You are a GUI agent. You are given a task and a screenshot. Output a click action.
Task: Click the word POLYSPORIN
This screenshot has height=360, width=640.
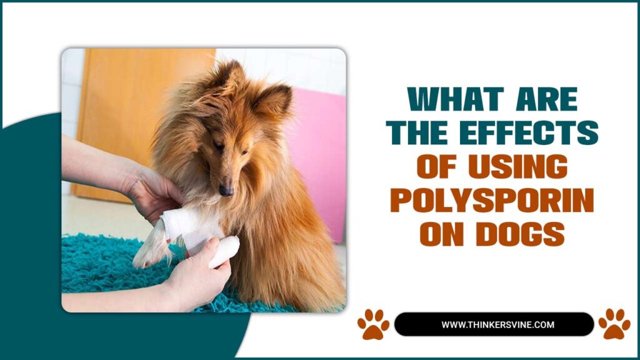click(492, 202)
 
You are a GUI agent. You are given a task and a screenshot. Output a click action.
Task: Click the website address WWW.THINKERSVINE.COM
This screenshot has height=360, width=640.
click(494, 324)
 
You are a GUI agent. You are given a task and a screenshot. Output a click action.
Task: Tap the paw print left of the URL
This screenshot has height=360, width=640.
click(373, 324)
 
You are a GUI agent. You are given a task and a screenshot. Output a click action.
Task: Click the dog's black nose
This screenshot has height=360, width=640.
click(226, 189)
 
